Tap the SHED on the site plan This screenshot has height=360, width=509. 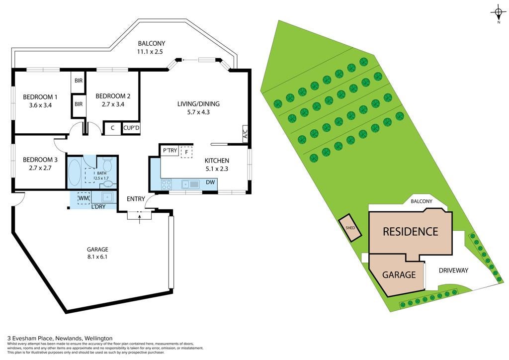click(350, 228)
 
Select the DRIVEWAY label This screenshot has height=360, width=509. click(453, 270)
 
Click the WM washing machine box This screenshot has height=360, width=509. click(84, 198)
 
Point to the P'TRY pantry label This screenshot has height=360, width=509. click(170, 150)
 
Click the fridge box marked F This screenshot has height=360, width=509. click(187, 152)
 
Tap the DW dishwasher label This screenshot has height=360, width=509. click(210, 182)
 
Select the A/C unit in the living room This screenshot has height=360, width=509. click(246, 133)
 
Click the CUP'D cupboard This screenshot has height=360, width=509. click(131, 128)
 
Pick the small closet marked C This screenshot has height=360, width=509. click(112, 128)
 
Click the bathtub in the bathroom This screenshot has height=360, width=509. click(75, 172)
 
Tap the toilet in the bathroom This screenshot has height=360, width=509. click(107, 165)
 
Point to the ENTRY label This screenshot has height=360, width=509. click(136, 199)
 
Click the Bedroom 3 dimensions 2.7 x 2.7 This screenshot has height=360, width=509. click(40, 168)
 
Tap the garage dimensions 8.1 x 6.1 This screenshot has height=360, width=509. click(97, 257)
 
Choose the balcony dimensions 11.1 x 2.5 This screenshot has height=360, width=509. click(150, 51)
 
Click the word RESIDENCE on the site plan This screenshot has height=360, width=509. click(411, 231)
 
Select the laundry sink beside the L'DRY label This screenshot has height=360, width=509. click(106, 197)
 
